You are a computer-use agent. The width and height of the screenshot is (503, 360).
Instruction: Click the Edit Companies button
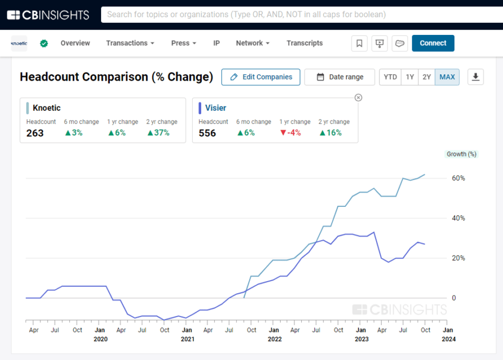click(x=261, y=77)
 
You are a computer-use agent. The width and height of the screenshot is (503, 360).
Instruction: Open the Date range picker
click(x=340, y=77)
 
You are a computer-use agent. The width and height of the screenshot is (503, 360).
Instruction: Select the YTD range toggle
click(x=390, y=77)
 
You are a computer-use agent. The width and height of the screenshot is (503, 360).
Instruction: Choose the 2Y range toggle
click(x=426, y=77)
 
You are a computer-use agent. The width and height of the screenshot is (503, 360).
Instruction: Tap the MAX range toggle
click(x=447, y=77)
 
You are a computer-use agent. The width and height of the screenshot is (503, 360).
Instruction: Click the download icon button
click(x=476, y=77)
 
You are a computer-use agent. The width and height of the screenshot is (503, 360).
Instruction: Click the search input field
click(x=297, y=14)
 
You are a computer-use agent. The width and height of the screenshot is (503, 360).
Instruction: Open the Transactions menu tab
click(x=130, y=43)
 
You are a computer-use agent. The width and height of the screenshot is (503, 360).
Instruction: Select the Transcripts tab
click(x=305, y=43)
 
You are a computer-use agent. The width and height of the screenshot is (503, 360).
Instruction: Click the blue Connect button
click(x=433, y=43)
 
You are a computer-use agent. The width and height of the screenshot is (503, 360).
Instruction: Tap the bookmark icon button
click(x=359, y=43)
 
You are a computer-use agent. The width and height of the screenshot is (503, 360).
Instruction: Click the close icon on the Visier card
click(x=358, y=98)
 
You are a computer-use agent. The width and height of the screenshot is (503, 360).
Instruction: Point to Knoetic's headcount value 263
click(x=35, y=133)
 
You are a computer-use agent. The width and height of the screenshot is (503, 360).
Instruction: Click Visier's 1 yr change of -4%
click(x=290, y=133)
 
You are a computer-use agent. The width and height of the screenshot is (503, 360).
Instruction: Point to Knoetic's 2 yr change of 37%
click(x=158, y=133)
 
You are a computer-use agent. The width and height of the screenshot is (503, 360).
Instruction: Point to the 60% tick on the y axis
click(x=458, y=178)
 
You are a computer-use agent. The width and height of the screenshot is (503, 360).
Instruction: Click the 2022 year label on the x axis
click(x=274, y=339)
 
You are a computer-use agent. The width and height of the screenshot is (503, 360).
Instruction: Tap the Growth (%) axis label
click(x=461, y=154)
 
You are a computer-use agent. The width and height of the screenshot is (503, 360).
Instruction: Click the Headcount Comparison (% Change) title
click(x=117, y=77)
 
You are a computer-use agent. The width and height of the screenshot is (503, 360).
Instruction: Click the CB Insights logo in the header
click(x=48, y=14)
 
